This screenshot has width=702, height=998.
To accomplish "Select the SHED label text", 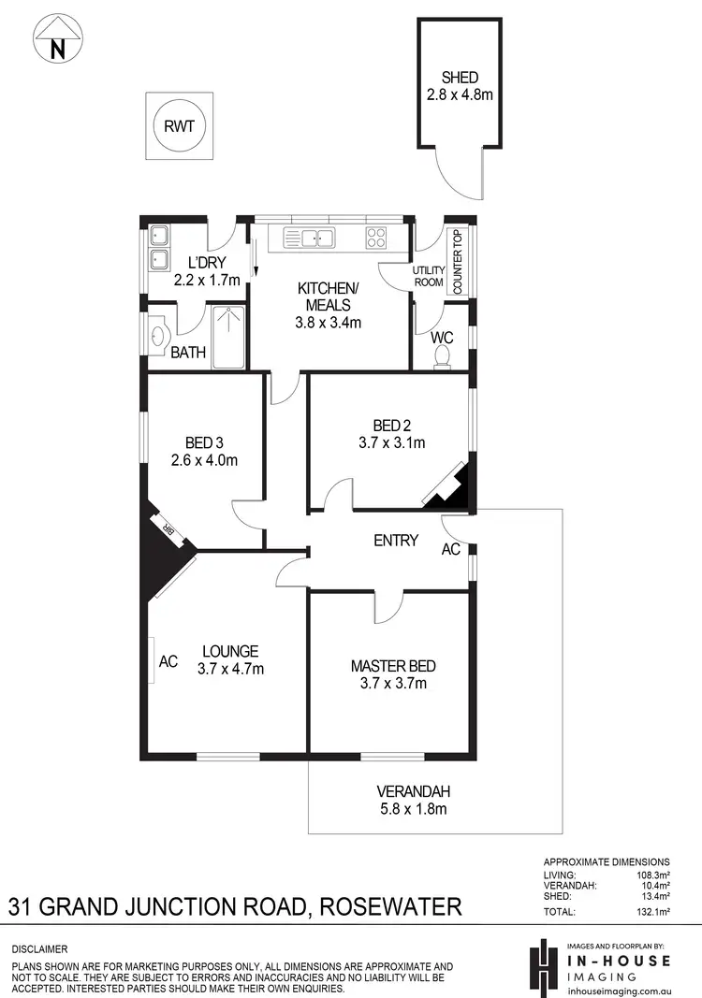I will [x=460, y=78].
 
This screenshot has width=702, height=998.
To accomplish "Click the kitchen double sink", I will [x=309, y=238].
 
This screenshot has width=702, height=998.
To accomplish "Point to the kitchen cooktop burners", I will [x=376, y=238].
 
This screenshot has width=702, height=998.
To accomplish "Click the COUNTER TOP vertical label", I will [x=459, y=263].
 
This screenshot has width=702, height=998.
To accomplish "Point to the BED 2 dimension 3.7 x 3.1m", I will [x=392, y=442].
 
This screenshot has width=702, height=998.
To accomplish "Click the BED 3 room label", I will [x=205, y=442].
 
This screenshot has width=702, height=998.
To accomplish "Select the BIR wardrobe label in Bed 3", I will [x=170, y=529].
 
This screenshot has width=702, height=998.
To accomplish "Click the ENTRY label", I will [x=395, y=540].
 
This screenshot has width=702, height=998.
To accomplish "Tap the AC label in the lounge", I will [x=168, y=661].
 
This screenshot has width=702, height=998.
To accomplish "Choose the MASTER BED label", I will [x=393, y=666].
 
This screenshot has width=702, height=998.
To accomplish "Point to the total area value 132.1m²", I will [x=651, y=911].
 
